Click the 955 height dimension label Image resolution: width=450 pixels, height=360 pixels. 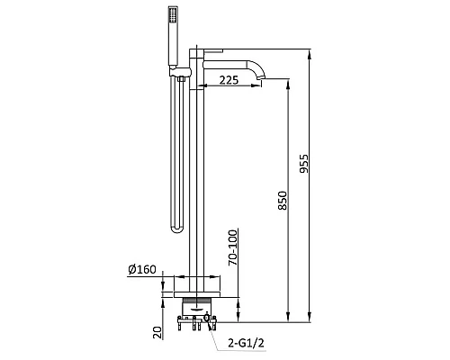coord(304,164)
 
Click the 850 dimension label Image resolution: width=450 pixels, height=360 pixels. coord(283,201)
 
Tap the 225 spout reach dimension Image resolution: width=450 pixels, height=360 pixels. coord(229,80)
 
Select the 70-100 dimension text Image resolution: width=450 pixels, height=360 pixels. coord(233,247)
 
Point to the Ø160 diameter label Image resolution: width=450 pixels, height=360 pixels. coord(142,269)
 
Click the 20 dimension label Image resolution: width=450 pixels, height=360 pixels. coord(157,333)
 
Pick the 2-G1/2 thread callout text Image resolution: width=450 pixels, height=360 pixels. coord(246,343)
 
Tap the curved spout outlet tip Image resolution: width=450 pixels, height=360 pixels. coord(262,78)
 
